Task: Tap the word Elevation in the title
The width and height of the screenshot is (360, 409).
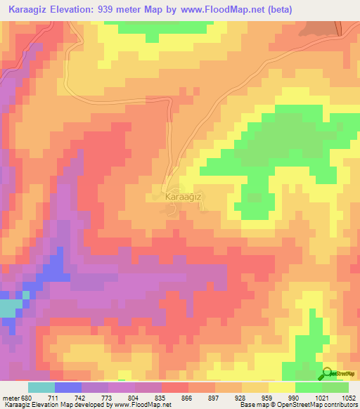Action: (88, 10)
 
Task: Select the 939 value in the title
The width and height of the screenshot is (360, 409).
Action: (137, 10)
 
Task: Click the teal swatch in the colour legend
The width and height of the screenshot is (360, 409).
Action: (41, 387)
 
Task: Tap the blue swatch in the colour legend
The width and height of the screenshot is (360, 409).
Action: (68, 387)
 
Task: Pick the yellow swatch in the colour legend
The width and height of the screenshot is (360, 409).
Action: (282, 387)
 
